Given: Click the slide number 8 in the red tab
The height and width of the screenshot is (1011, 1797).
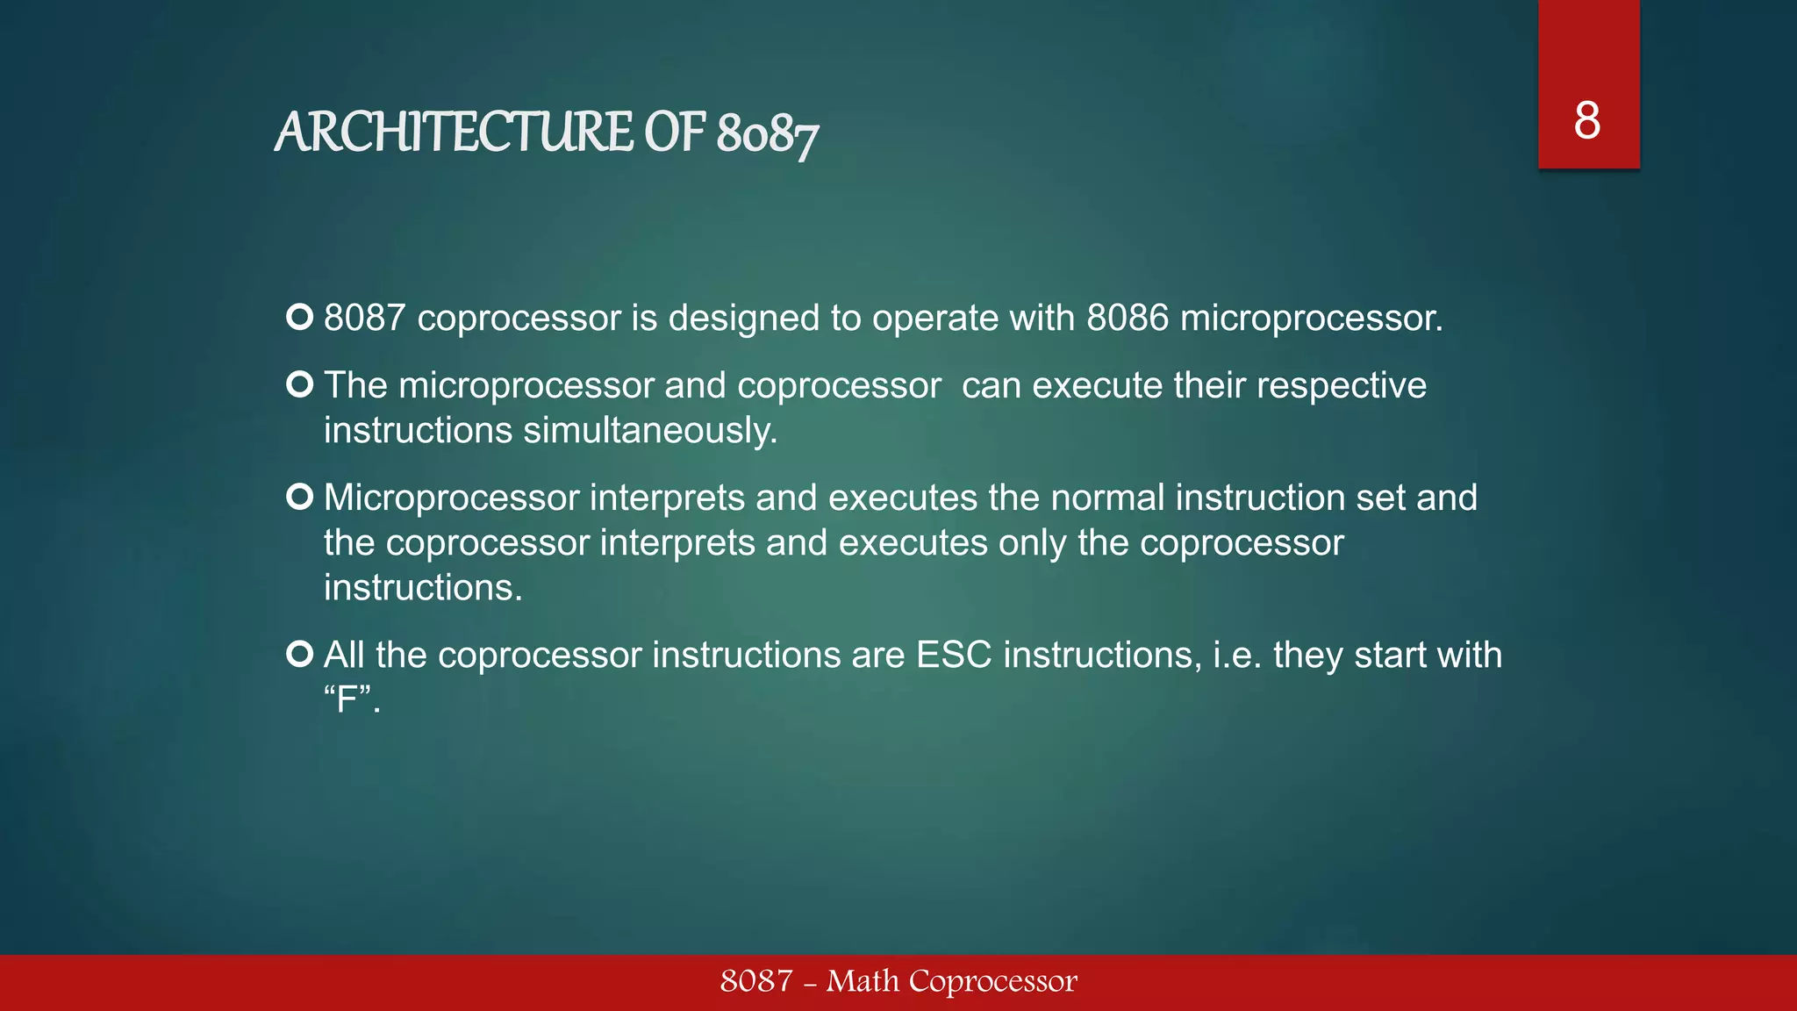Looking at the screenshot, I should [1586, 121].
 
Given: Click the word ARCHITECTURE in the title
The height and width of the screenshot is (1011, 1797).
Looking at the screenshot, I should [454, 133].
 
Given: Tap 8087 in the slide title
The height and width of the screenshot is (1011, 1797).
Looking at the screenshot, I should [767, 135].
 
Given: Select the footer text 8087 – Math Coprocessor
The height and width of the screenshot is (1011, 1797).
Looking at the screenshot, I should [898, 981].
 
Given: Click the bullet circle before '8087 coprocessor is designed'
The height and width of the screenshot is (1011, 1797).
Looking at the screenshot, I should [300, 317].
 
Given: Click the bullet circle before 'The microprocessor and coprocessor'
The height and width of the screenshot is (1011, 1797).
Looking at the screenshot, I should [300, 384].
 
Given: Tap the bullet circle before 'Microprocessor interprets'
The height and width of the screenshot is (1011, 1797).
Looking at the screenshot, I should [300, 497].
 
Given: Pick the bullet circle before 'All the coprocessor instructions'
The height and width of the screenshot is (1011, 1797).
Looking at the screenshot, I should [300, 654].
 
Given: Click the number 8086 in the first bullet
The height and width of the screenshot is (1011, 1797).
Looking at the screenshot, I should [1128, 318].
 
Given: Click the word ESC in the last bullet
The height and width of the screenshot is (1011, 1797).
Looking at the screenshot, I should [954, 656].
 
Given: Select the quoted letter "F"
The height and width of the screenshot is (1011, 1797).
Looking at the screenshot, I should [349, 700].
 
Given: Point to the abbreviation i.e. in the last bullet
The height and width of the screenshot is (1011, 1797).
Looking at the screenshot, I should [1237, 656].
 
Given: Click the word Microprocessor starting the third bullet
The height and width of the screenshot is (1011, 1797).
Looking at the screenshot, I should [452, 498].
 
